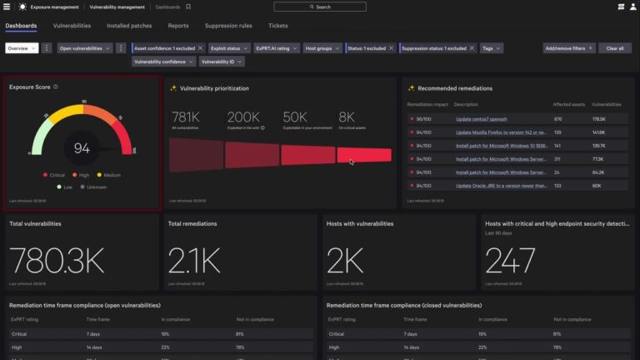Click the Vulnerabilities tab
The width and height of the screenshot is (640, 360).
[x=72, y=26]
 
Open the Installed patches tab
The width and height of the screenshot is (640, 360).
[x=129, y=26]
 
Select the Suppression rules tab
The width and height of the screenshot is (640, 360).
[x=228, y=26]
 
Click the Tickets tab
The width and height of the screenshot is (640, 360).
[x=277, y=26]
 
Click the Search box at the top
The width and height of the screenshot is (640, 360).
[x=320, y=7]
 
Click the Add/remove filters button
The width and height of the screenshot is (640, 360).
[x=568, y=48]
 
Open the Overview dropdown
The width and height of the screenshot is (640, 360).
[x=21, y=48]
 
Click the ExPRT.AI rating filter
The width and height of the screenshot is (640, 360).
[x=272, y=48]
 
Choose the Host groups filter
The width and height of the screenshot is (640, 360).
[x=321, y=48]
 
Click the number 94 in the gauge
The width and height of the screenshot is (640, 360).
[x=82, y=148]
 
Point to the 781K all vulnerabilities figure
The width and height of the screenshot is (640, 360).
[x=185, y=117]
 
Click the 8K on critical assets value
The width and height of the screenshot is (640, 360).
[x=347, y=117]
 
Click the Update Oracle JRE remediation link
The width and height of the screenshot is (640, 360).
[x=500, y=186]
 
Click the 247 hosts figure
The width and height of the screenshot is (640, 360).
[x=511, y=262]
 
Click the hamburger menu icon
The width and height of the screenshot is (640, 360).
[x=7, y=7]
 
